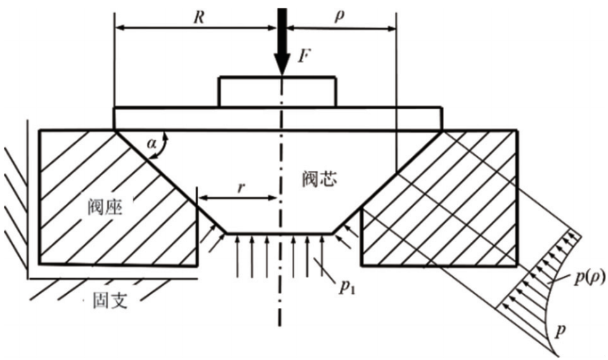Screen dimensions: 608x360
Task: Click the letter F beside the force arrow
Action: click(x=305, y=56)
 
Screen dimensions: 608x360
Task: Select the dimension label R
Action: click(x=199, y=17)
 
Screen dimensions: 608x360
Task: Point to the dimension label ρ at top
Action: click(x=339, y=16)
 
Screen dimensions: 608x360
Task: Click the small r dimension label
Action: click(x=241, y=187)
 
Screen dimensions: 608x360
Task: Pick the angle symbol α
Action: click(x=152, y=144)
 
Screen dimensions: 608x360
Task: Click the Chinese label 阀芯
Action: click(x=320, y=179)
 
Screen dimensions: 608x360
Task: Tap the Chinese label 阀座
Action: click(x=105, y=207)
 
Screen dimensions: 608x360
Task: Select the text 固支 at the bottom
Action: click(x=110, y=300)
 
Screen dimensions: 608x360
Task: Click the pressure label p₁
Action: click(x=347, y=287)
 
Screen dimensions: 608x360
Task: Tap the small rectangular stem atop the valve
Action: click(x=277, y=92)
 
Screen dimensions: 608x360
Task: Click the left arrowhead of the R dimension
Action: click(x=120, y=28)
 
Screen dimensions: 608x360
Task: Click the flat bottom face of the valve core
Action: click(x=279, y=233)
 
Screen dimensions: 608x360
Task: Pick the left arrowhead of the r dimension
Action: click(x=203, y=198)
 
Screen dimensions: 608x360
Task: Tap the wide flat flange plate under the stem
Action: click(x=278, y=118)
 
